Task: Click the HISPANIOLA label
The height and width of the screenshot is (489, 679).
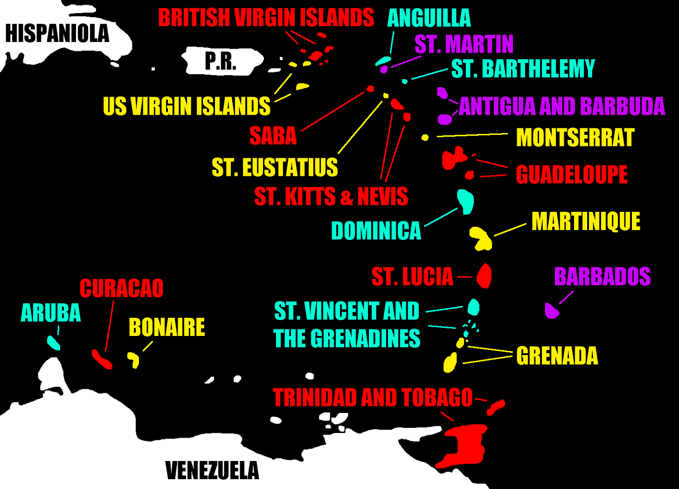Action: click(x=57, y=34)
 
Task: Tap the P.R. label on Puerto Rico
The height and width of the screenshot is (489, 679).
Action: click(x=221, y=61)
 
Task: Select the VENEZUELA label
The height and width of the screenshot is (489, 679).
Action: click(x=212, y=470)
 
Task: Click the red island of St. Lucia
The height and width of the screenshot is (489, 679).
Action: click(x=484, y=276)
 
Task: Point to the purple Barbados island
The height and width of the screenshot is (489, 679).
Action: click(x=551, y=311)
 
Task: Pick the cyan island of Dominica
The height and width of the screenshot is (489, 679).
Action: click(x=465, y=201)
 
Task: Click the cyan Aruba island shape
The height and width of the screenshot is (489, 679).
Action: click(x=54, y=343)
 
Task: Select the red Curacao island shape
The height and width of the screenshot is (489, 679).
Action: click(x=102, y=359)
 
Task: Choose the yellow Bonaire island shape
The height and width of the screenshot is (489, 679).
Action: click(x=134, y=359)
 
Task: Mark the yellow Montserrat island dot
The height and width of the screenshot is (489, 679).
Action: click(x=425, y=137)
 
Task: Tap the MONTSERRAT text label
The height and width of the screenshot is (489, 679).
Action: click(x=575, y=138)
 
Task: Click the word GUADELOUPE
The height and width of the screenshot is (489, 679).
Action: click(x=571, y=175)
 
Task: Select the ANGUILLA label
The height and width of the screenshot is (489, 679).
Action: click(x=429, y=18)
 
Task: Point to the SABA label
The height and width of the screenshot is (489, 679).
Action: click(x=273, y=136)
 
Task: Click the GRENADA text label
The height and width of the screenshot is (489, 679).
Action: click(x=557, y=356)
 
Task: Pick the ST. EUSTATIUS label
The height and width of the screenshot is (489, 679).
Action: click(x=275, y=167)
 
